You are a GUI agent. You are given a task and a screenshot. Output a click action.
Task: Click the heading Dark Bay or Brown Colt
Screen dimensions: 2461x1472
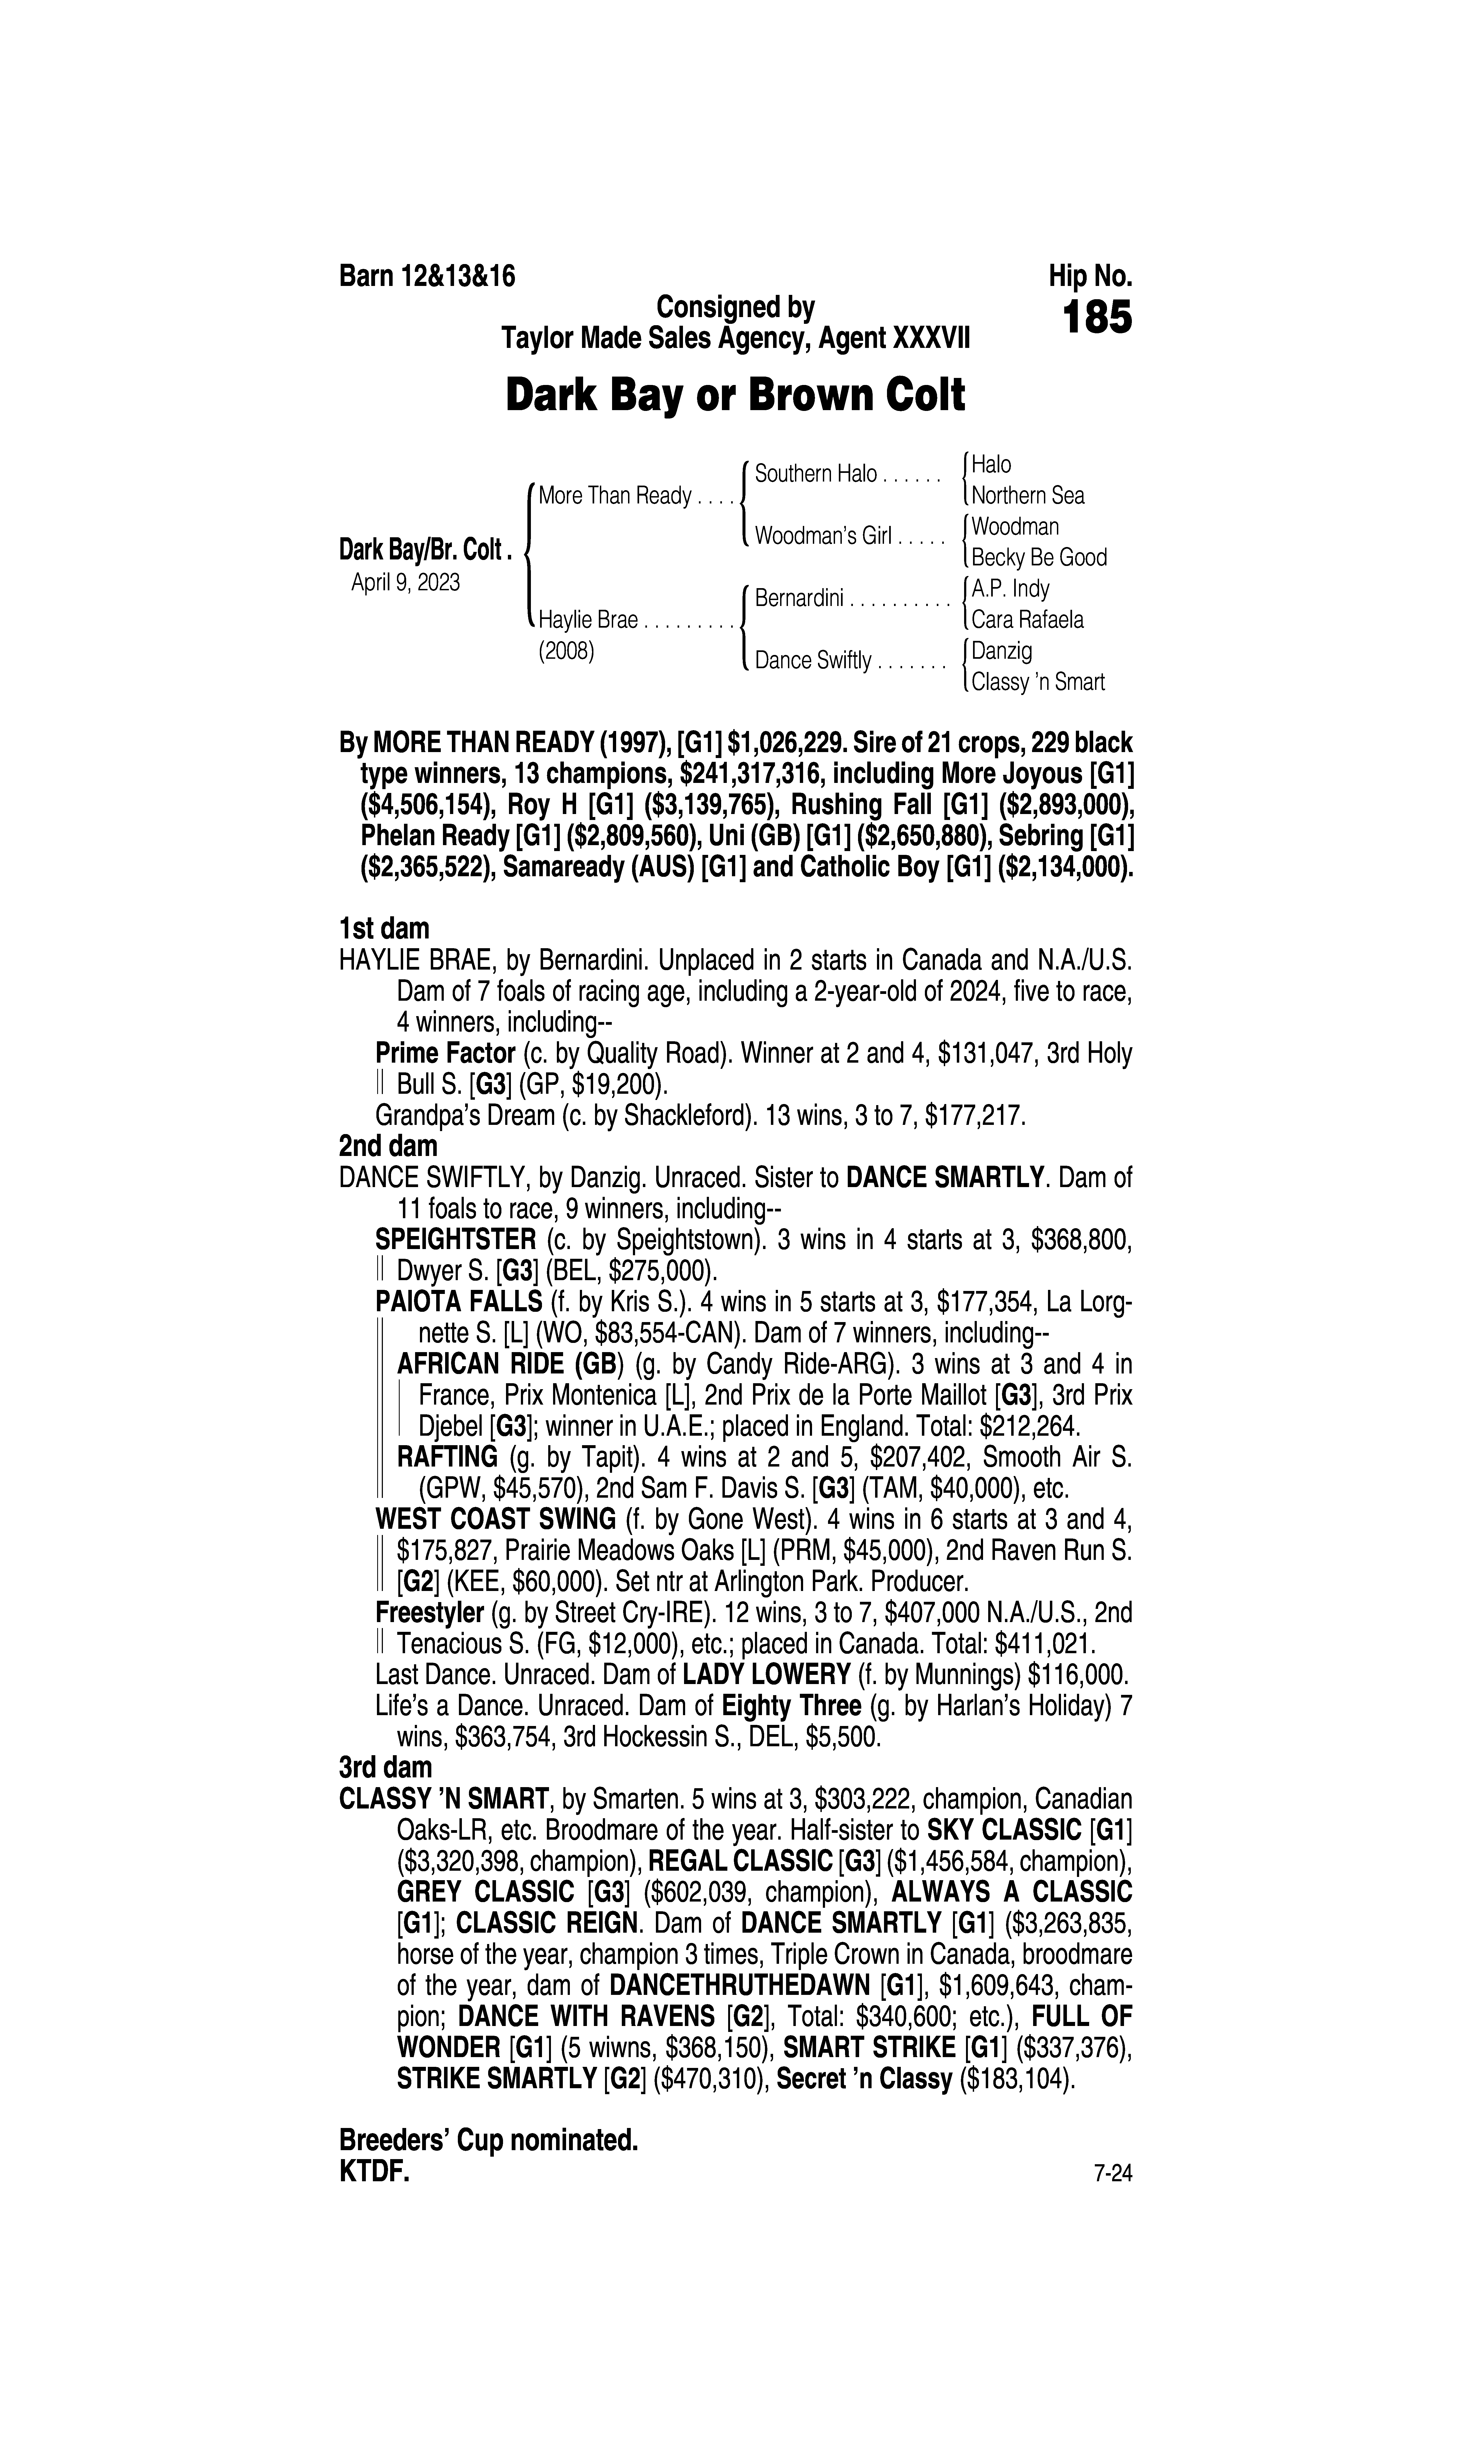pos(735,396)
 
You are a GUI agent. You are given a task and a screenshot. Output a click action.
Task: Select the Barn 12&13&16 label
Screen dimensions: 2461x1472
pos(428,276)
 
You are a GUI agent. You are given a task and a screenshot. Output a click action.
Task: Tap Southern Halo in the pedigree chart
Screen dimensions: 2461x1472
pos(815,474)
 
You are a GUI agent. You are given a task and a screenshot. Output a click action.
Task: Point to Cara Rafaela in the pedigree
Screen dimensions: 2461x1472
pos(1028,620)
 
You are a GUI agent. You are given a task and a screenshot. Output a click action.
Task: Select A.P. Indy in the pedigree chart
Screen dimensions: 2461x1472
pos(1010,589)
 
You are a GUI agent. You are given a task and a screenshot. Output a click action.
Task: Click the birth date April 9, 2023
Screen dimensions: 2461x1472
pos(405,582)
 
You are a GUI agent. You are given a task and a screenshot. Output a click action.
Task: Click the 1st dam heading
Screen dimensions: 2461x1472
pos(384,929)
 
